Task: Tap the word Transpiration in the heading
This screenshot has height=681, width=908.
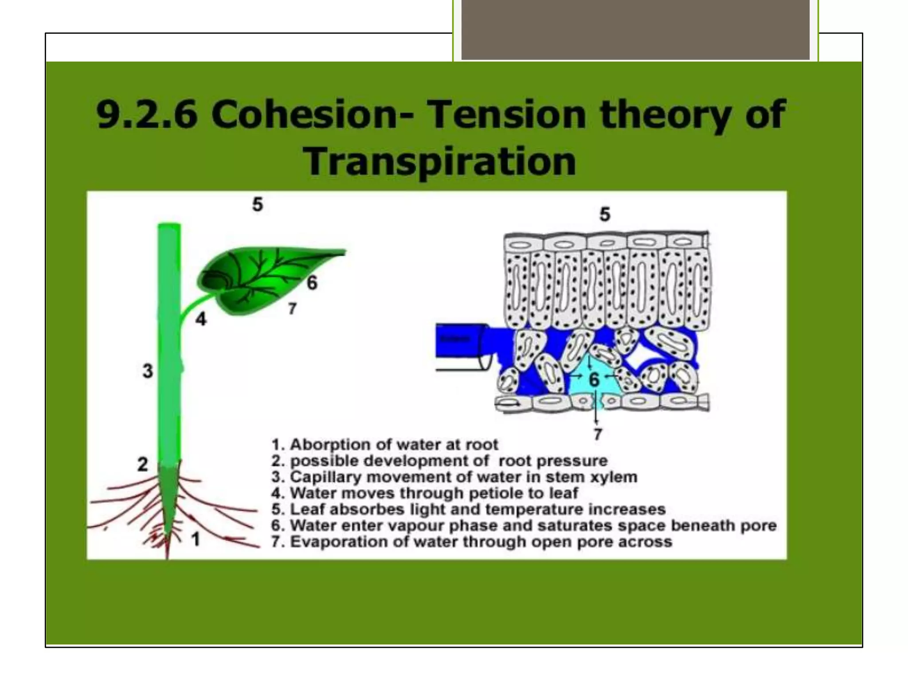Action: coord(440,161)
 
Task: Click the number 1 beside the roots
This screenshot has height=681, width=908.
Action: coord(196,539)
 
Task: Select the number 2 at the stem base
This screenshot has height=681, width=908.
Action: coord(142,464)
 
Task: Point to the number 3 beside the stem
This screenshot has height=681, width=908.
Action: coord(148,371)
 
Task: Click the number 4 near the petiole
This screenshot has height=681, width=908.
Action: coord(201,319)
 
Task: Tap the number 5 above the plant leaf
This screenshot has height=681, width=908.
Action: coord(258,204)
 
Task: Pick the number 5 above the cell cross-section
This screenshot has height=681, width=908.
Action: coord(605,214)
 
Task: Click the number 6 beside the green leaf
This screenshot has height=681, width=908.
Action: coord(312,282)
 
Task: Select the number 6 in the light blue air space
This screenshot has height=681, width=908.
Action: coord(594,380)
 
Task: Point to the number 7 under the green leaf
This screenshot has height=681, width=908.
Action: coord(292,308)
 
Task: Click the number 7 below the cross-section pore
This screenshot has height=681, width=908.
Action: coord(598,434)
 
